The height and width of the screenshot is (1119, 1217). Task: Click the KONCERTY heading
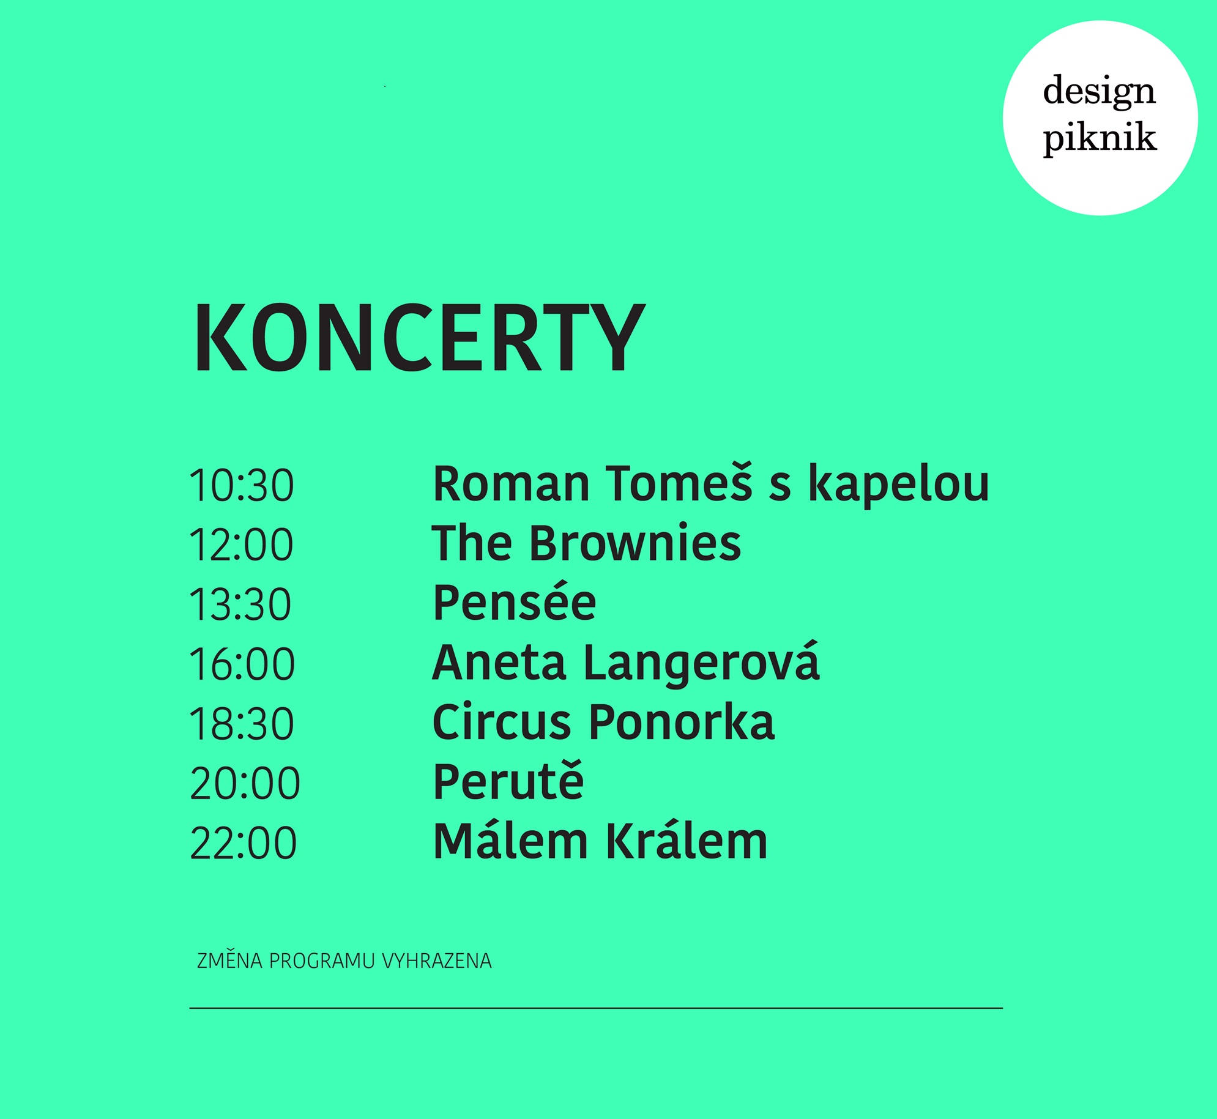(x=420, y=338)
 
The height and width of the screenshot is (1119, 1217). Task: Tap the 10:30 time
(x=242, y=486)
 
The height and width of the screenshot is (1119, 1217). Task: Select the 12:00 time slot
(x=242, y=545)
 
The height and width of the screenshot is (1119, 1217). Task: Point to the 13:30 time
(x=240, y=604)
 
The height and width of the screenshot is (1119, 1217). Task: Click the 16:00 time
(x=242, y=664)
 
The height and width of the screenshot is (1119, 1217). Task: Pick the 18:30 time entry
(x=242, y=723)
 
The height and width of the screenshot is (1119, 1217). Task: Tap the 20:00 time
(x=245, y=783)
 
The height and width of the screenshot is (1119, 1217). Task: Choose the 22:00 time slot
(x=244, y=842)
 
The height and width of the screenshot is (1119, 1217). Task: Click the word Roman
(x=512, y=484)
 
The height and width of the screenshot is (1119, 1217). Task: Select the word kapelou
(x=898, y=486)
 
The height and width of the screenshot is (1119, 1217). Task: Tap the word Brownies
(x=635, y=543)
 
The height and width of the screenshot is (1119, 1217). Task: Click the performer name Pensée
(x=514, y=602)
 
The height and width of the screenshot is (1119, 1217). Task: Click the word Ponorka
(x=682, y=723)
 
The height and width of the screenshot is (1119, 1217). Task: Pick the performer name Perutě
(x=508, y=780)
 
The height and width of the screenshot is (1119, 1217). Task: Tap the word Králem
(x=687, y=841)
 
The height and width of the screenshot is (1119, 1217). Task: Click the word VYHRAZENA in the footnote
(x=437, y=961)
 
